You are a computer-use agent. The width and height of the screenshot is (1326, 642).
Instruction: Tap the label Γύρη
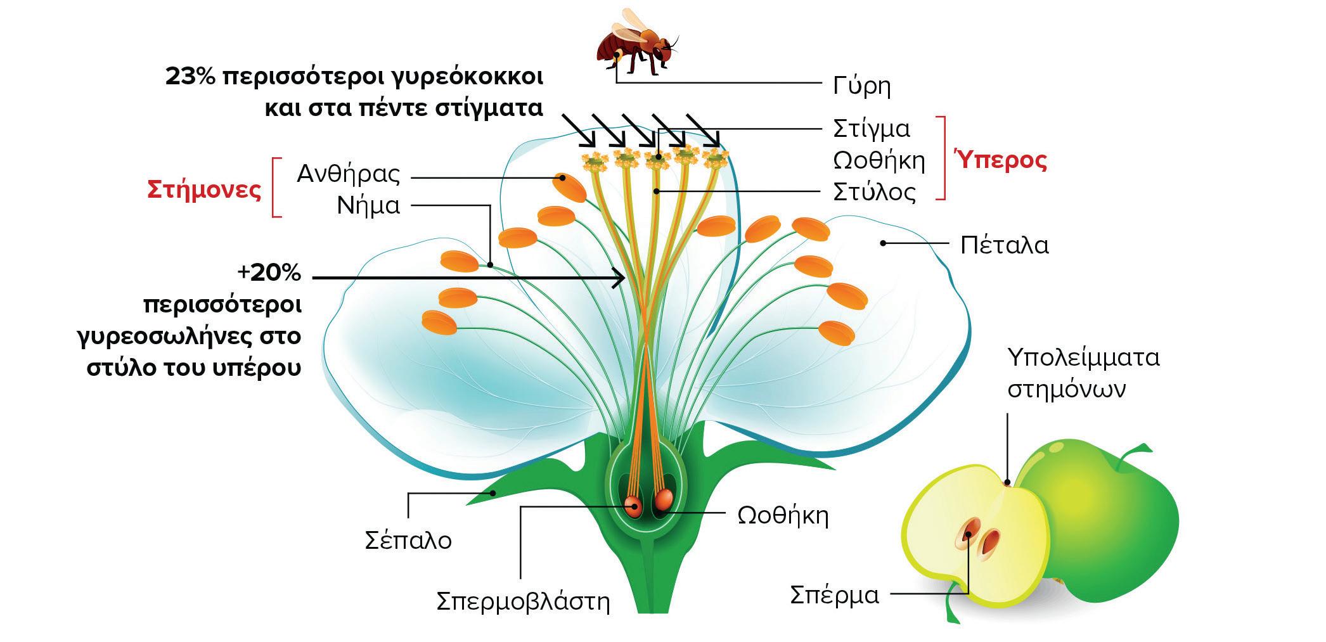(861, 86)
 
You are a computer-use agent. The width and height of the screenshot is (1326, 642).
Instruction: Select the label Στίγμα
(872, 129)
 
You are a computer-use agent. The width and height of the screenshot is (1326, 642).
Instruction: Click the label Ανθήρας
(349, 174)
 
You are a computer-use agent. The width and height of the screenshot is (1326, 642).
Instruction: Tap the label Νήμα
(368, 206)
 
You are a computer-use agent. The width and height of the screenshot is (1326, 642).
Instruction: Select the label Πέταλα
(1004, 245)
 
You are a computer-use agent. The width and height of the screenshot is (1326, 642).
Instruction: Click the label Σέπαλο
(408, 541)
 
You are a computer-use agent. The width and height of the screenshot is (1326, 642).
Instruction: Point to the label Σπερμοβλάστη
(523, 601)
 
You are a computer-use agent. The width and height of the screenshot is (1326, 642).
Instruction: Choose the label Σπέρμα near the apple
(834, 595)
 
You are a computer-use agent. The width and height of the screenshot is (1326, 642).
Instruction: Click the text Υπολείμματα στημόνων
(1083, 373)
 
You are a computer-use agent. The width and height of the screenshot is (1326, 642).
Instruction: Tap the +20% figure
(269, 273)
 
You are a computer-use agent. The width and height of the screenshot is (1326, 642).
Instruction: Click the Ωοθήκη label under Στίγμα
(879, 160)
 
